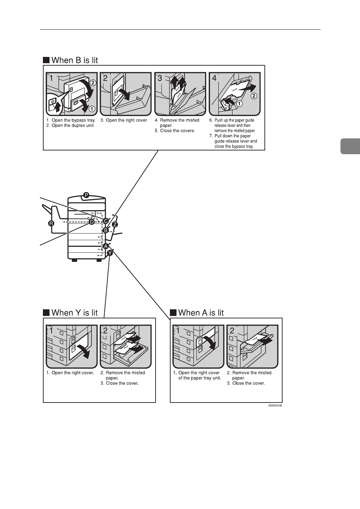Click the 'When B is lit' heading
tap(74, 60)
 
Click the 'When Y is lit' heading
tap(74, 312)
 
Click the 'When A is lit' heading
tap(201, 312)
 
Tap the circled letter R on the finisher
tap(51, 223)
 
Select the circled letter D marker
tap(91, 222)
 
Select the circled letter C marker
tap(106, 221)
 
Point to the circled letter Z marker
tap(115, 224)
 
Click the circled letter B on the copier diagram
tap(105, 230)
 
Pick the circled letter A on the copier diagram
tap(105, 246)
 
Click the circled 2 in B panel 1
tap(92, 83)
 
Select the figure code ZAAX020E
tap(275, 406)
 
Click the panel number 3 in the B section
tap(160, 78)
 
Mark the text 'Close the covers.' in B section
tap(177, 131)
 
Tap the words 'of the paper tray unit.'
tap(200, 378)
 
